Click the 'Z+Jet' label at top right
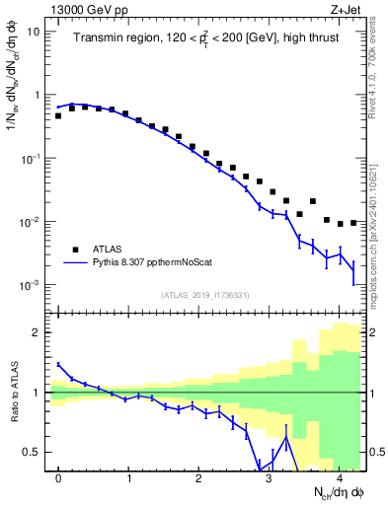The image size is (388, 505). point(345,9)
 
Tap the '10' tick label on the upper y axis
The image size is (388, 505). point(33,32)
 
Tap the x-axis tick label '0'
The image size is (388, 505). point(58,479)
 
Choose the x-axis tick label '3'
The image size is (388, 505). point(269,479)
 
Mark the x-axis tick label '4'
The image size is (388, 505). point(339,479)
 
